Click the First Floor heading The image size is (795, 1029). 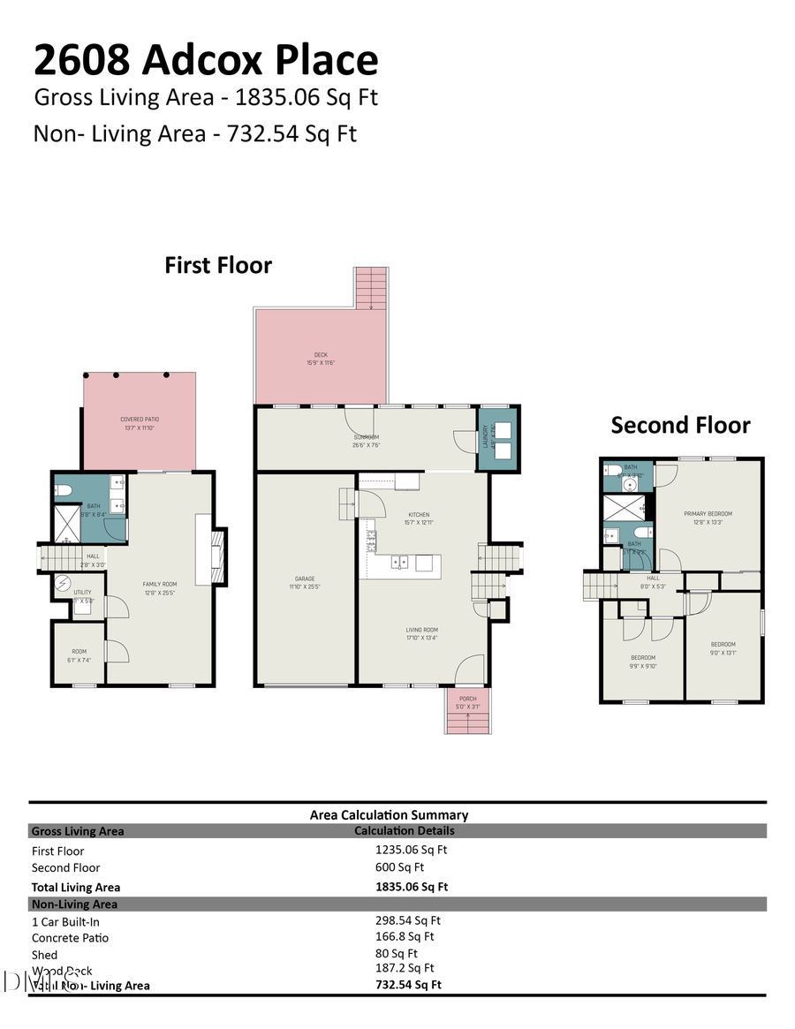click(218, 265)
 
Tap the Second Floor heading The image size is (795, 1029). click(680, 425)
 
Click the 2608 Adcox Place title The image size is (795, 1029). click(206, 60)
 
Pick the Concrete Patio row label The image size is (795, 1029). click(70, 938)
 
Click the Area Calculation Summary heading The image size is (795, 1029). click(389, 814)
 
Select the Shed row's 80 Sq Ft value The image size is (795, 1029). click(396, 953)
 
